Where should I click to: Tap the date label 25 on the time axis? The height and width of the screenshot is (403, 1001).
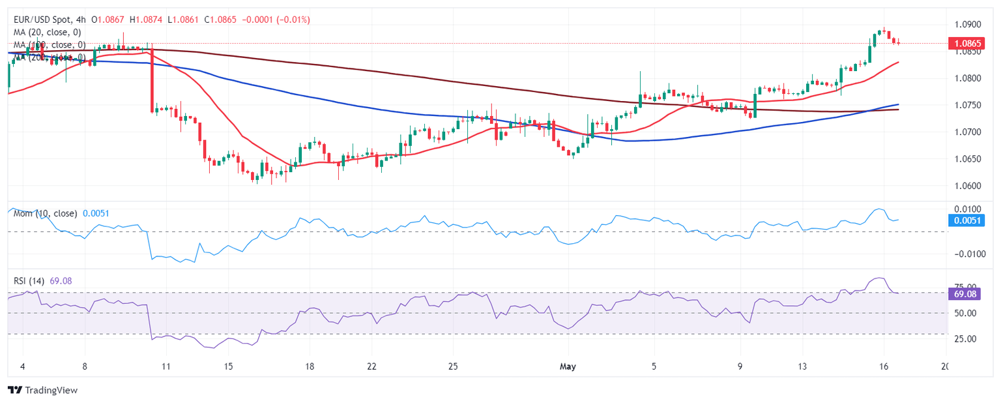(x=454, y=366)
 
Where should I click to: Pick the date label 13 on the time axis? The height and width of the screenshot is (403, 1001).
(x=804, y=366)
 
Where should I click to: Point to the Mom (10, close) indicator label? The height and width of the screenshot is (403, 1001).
(x=45, y=213)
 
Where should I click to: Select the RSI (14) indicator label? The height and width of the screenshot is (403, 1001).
(x=29, y=281)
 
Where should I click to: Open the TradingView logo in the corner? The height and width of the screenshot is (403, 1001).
(x=43, y=390)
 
